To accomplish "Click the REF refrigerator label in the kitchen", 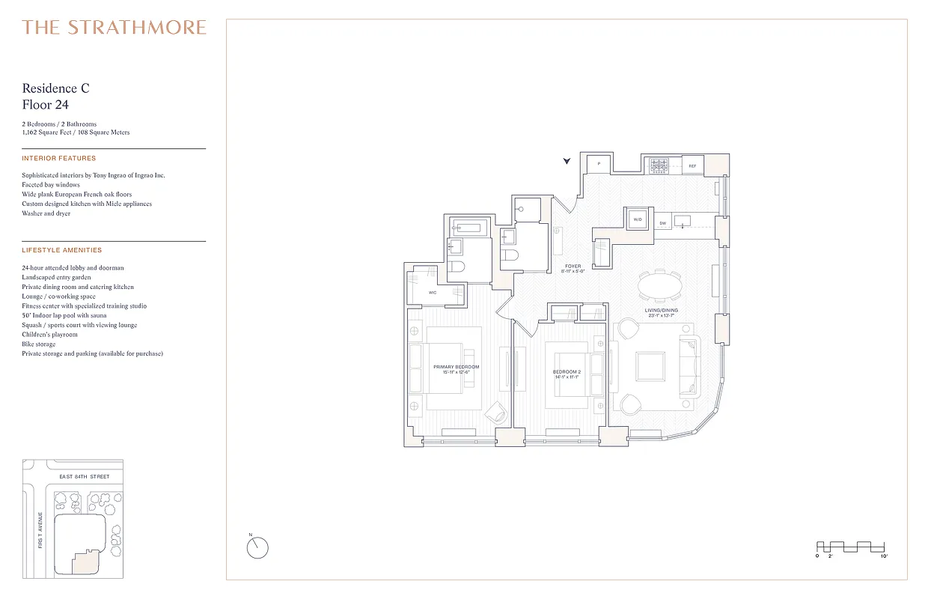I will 692,165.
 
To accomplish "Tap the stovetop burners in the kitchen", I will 659,165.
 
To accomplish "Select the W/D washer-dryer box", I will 638,220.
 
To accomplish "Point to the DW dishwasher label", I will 663,223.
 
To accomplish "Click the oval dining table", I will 661,286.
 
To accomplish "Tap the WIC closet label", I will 433,293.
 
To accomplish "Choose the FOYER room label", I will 573,267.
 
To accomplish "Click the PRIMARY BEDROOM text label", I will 456,367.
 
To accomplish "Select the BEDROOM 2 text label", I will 567,372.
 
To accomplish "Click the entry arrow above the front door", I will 567,160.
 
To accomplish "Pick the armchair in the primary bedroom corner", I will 495,412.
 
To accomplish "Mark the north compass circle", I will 257,547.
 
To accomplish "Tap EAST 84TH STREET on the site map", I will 84,477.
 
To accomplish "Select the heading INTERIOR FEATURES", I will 59,159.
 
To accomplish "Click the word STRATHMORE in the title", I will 137,28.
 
